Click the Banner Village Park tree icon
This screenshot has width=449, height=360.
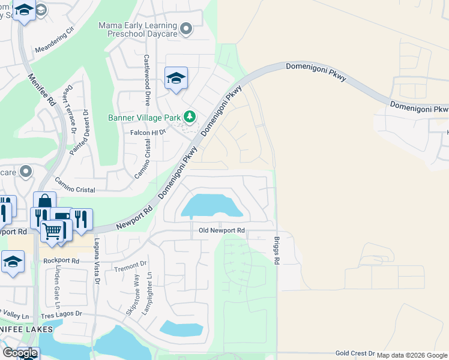(190, 116)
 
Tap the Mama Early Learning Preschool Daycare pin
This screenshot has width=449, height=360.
(186, 28)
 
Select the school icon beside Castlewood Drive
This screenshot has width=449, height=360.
(176, 78)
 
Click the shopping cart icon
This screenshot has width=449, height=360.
(52, 229)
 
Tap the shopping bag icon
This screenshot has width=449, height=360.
(44, 202)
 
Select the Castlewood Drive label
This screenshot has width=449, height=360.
(146, 80)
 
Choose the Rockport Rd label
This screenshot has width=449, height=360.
(61, 261)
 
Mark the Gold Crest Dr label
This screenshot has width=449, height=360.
(355, 353)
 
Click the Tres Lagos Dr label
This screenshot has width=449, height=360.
(61, 314)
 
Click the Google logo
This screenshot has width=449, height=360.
(20, 353)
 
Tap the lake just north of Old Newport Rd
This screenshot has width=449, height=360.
(211, 206)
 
